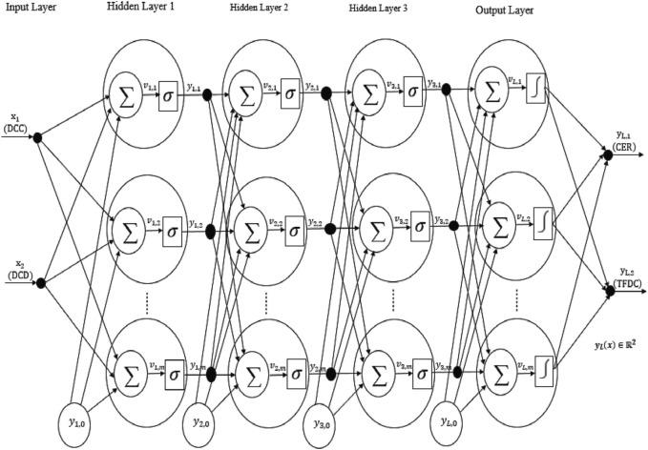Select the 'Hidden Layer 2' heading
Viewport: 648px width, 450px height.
[257, 10]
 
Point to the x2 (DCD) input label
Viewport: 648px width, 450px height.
[17, 269]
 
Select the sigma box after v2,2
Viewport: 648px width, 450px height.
[295, 230]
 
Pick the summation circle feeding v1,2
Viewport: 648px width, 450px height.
[127, 230]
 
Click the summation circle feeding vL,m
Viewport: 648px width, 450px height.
[496, 370]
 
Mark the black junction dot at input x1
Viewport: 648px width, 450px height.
[38, 138]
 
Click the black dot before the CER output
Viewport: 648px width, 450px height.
[608, 153]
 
